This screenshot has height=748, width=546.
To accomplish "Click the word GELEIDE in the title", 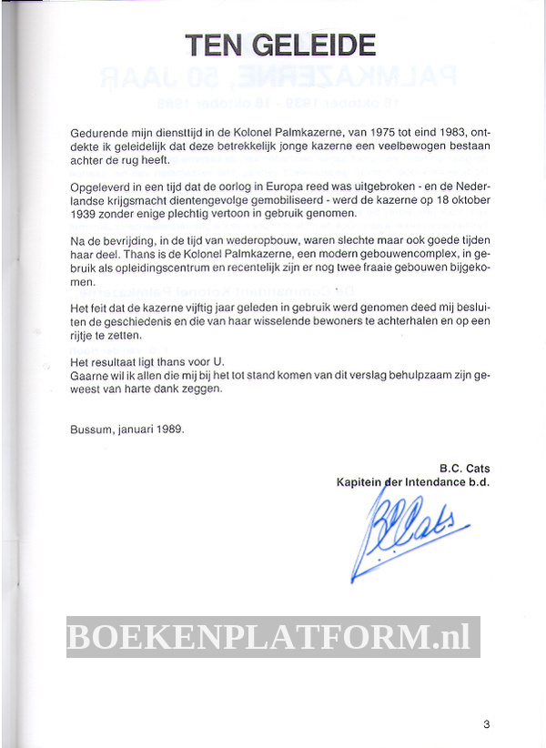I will [x=311, y=45].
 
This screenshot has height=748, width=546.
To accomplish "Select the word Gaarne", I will [x=89, y=376].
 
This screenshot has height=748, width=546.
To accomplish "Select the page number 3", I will [x=487, y=724].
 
